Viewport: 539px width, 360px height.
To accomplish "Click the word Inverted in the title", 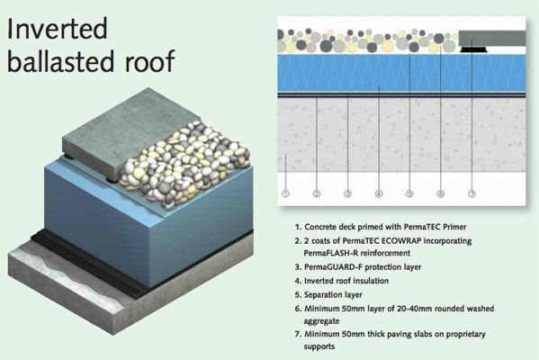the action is click(57, 29).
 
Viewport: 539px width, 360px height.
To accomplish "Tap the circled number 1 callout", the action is click(285, 193).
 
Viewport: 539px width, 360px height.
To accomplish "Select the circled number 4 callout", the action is click(379, 193).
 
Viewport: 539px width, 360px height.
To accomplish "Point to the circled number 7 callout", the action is click(472, 193).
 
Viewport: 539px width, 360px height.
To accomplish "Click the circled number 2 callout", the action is click(317, 193).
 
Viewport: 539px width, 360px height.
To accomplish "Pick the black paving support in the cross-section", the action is click(473, 49).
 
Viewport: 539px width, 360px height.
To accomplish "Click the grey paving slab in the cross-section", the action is click(492, 38).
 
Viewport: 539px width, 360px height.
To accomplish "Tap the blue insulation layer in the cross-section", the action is click(401, 73).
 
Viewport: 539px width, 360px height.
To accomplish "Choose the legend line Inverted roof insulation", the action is click(346, 281).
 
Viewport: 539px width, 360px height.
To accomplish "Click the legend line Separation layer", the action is click(333, 294).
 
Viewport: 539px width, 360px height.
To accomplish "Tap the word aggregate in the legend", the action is click(321, 321).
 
